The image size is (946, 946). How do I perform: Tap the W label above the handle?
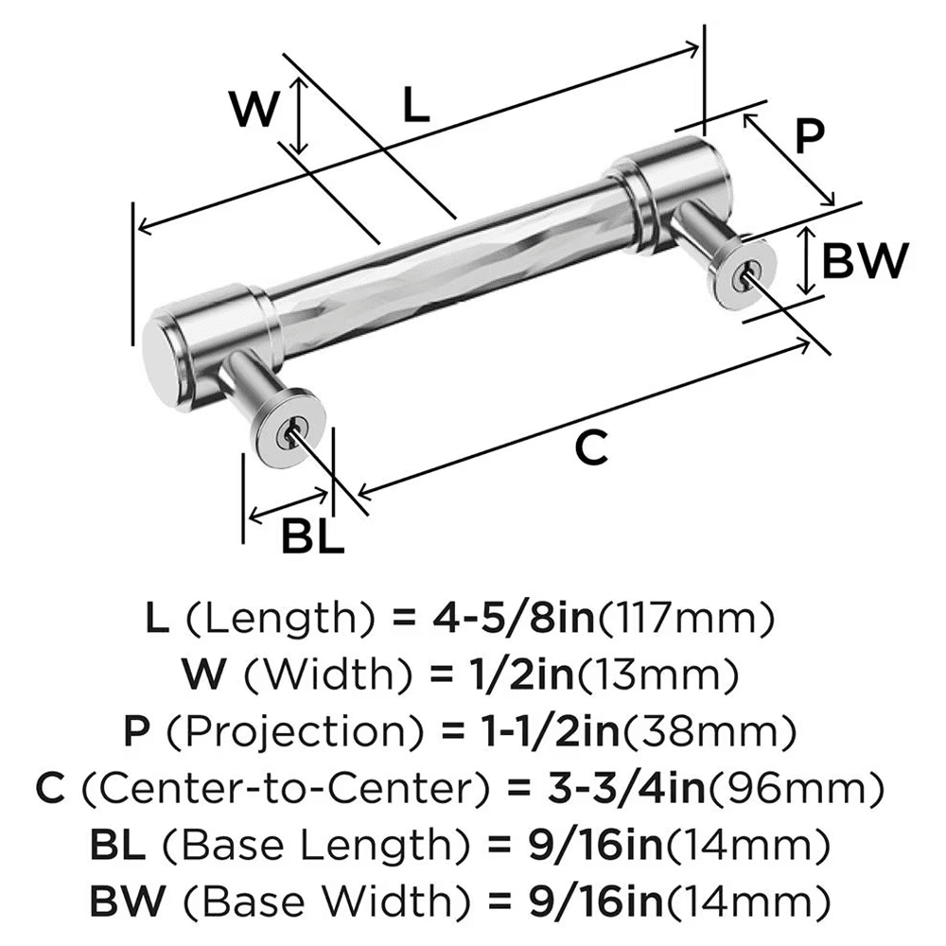pyautogui.click(x=255, y=112)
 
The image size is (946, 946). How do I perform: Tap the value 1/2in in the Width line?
pyautogui.click(x=517, y=674)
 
